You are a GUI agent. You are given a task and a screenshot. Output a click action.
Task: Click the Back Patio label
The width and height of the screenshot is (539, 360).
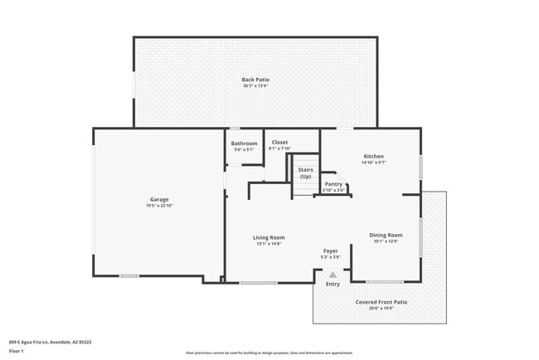coord(255,80)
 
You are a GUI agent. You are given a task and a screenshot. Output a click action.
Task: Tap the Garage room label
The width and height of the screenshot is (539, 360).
coord(159,199)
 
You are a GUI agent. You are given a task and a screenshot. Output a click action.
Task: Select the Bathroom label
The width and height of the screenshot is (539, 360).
coord(245,144)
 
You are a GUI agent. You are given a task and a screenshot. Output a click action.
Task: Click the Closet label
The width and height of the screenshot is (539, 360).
coord(280,142)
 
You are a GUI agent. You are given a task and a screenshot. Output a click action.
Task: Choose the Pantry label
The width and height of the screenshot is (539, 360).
coord(333,184)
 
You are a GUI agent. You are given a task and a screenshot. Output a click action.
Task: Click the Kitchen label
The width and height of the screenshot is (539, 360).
coord(374,156)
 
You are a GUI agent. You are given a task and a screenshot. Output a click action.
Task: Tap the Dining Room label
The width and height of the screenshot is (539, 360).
coord(386,236)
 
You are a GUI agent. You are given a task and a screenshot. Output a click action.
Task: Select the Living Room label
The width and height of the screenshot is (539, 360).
coord(269,237)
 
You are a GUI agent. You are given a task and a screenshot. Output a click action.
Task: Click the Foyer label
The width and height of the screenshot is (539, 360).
coord(331,251)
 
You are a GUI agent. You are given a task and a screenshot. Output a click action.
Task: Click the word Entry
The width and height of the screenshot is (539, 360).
coord(333,285)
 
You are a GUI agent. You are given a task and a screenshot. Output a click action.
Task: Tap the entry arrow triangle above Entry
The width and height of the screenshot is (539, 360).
coord(333,275)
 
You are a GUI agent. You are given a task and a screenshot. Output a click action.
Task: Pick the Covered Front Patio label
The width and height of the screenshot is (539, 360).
coord(381,302)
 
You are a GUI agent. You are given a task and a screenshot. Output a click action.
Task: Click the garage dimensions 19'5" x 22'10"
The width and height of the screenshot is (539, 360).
coord(159,206)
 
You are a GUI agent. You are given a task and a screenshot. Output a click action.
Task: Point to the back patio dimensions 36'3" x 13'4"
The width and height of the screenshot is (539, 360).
coord(255,86)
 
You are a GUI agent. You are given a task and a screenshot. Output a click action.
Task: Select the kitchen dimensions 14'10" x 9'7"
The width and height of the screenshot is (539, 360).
coord(374,163)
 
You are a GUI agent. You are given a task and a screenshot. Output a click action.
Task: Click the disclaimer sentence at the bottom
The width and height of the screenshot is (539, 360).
coord(269,353)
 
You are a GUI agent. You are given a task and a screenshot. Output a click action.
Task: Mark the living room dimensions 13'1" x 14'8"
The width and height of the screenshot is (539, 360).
coord(269,244)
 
